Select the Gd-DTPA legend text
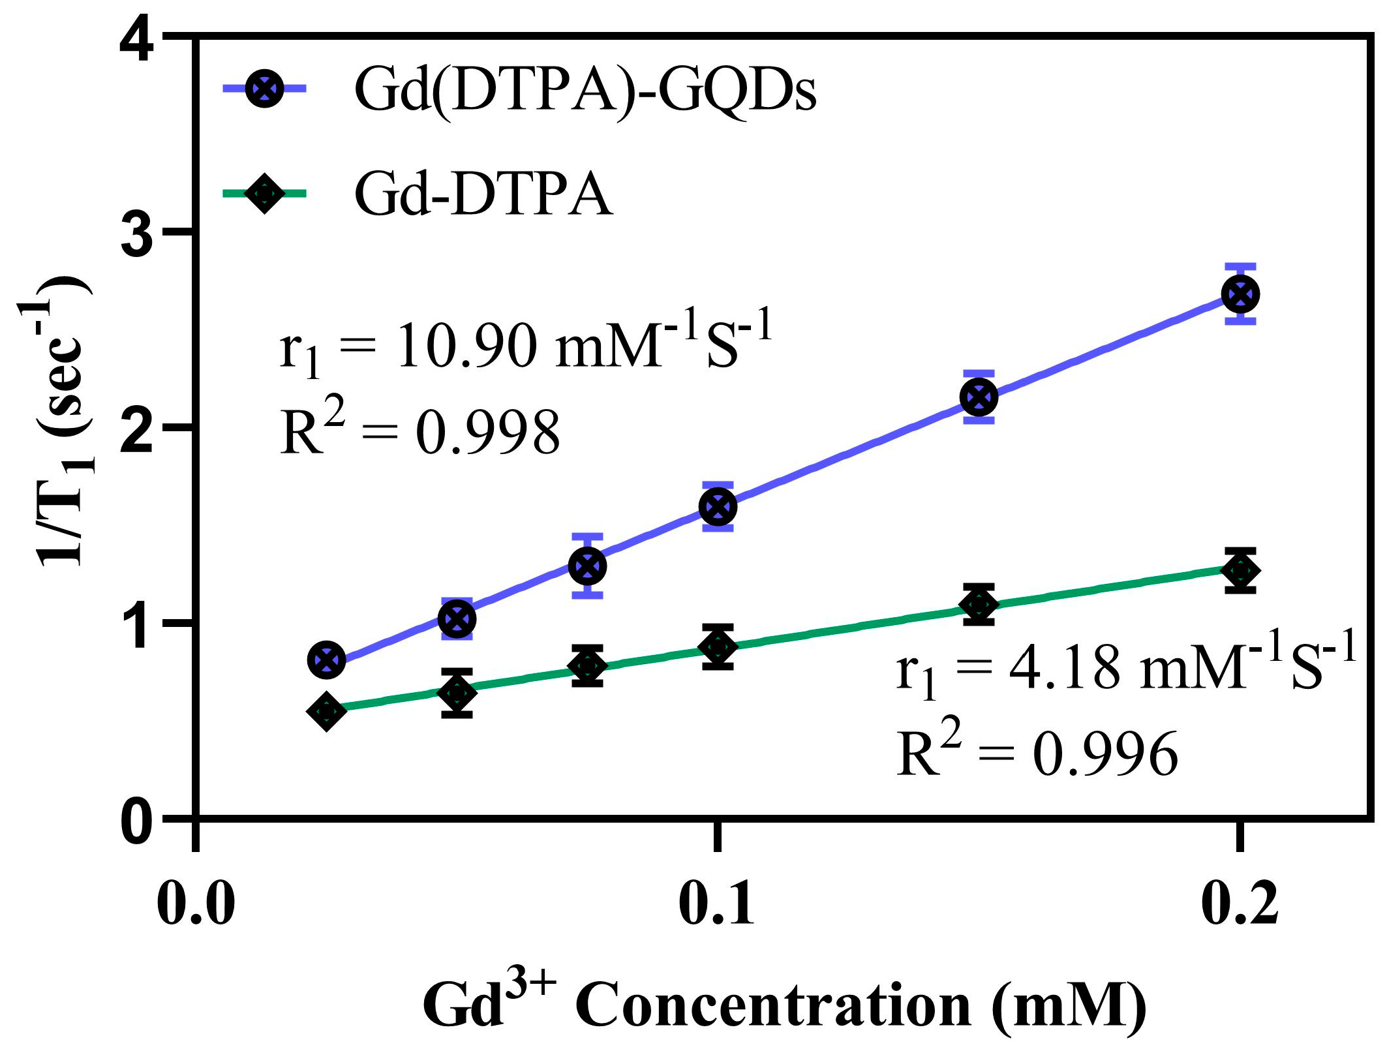483,194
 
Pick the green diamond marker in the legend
264,193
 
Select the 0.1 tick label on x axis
717,905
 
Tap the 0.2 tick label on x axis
1239,905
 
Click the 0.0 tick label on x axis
196,905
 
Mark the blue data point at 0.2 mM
1240,294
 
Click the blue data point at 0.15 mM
979,397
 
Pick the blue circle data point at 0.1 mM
718,507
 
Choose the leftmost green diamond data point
326,711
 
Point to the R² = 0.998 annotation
419,431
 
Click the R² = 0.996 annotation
1037,754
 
